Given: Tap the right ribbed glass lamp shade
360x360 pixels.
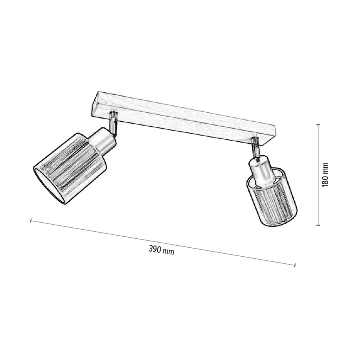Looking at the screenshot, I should pyautogui.click(x=273, y=203).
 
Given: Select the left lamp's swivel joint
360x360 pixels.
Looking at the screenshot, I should pyautogui.click(x=113, y=122).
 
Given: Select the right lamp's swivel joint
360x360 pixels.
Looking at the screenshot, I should pyautogui.click(x=256, y=147).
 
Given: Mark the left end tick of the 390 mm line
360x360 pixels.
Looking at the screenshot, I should pyautogui.click(x=31, y=221).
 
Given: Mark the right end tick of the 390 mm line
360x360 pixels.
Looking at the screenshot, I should pyautogui.click(x=294, y=265).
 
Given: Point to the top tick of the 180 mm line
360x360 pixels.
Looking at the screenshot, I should pyautogui.click(x=318, y=125).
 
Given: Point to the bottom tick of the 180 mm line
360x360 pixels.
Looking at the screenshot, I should pyautogui.click(x=318, y=225).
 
